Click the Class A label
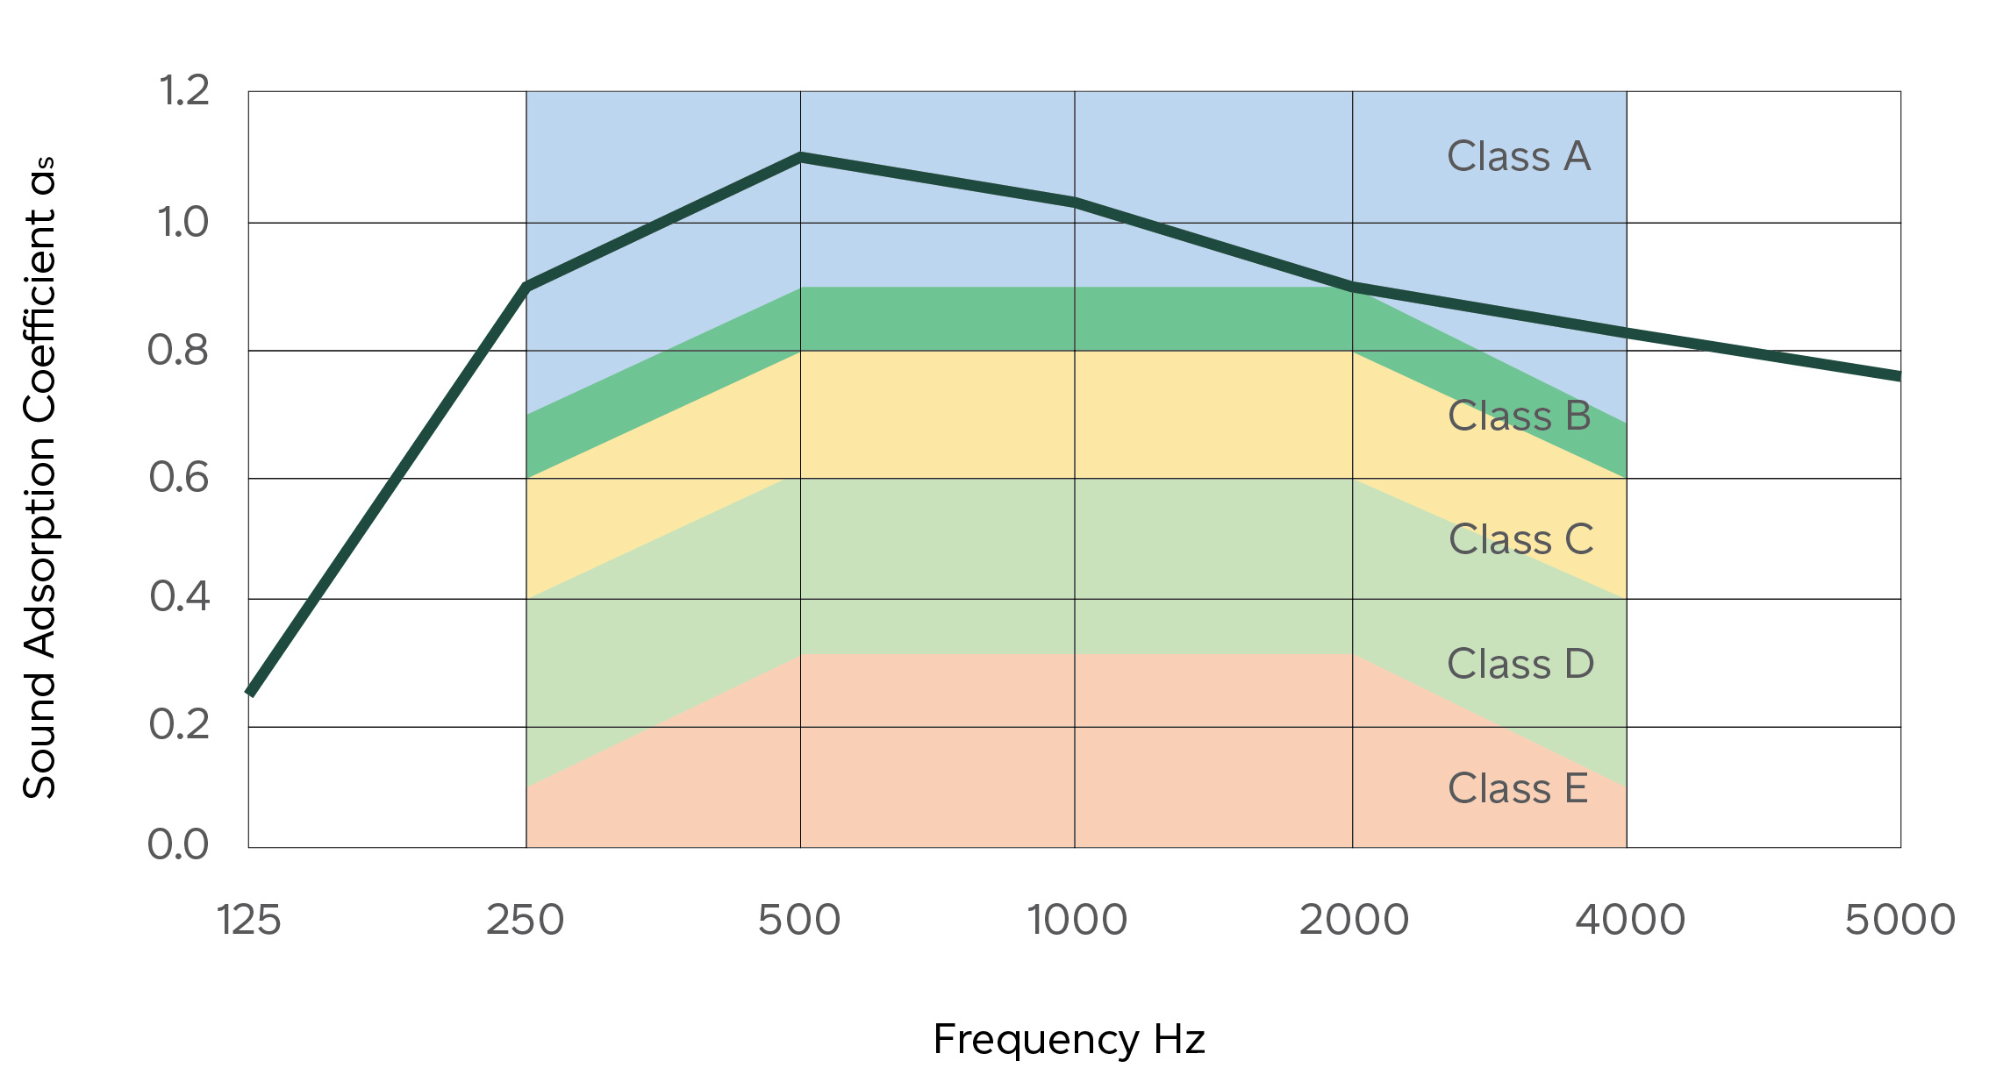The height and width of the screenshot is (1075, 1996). (x=1518, y=157)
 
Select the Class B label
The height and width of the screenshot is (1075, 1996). (x=1519, y=416)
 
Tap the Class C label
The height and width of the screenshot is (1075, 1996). (x=1520, y=539)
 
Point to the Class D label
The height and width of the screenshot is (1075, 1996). (x=1520, y=664)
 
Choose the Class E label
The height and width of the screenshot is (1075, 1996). (x=1518, y=788)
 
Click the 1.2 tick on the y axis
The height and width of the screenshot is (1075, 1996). (x=184, y=90)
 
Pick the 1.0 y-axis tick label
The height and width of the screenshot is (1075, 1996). (x=182, y=223)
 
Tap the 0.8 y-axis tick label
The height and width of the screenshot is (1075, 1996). (x=178, y=350)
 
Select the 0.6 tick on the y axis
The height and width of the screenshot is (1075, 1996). (x=179, y=478)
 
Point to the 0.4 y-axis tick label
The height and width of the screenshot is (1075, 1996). (x=180, y=597)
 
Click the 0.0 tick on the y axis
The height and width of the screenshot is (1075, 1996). (x=178, y=844)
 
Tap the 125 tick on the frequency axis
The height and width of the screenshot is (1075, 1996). (x=248, y=921)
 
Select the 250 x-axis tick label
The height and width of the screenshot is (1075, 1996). (x=525, y=921)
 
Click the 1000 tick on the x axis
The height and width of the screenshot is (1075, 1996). (x=1077, y=921)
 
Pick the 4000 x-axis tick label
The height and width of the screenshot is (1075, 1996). (x=1630, y=921)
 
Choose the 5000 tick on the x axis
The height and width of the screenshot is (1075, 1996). (x=1900, y=921)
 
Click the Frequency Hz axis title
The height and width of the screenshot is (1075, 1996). (x=1069, y=1040)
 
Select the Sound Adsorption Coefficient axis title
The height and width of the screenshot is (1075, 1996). (x=40, y=478)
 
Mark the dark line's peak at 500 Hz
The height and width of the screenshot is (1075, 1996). (x=800, y=158)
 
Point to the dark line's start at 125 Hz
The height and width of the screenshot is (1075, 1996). (x=252, y=692)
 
